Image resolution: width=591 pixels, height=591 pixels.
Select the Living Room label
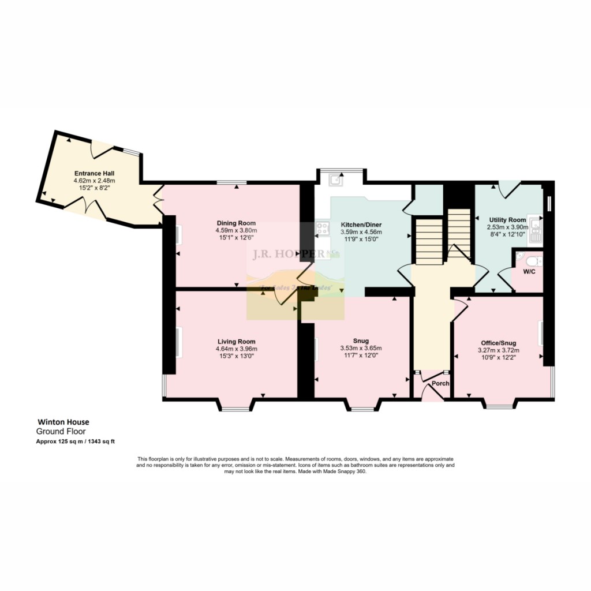coord(236,341)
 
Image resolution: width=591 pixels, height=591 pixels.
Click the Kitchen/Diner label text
coord(361,225)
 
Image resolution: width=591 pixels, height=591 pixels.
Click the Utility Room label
coord(507,220)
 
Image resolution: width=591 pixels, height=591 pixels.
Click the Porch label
coord(441,383)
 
